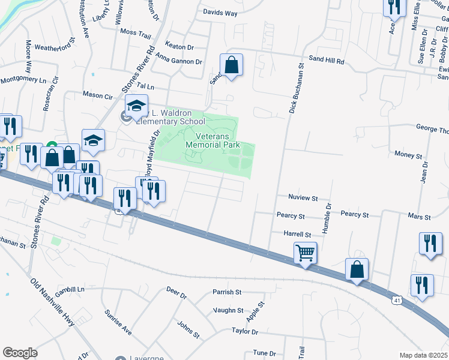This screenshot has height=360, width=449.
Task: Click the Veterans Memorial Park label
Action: coord(212,140)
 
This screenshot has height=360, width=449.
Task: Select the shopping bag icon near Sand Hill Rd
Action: coord(231,65)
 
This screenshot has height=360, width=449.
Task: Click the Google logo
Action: coord(20,353)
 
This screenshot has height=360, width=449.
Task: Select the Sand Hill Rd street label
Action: coord(327,61)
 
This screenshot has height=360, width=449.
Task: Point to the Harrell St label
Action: coord(298,235)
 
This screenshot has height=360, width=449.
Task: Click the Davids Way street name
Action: coord(220,13)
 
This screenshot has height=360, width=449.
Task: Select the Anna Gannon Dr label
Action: coord(178,61)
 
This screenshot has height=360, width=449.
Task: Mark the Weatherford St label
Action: coord(54,46)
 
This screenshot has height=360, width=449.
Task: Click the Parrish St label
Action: coord(226,292)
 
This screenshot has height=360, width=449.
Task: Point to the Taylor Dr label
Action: coord(245,331)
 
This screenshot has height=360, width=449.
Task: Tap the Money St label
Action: coord(408,155)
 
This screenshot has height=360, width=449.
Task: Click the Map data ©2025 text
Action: coord(423,355)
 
